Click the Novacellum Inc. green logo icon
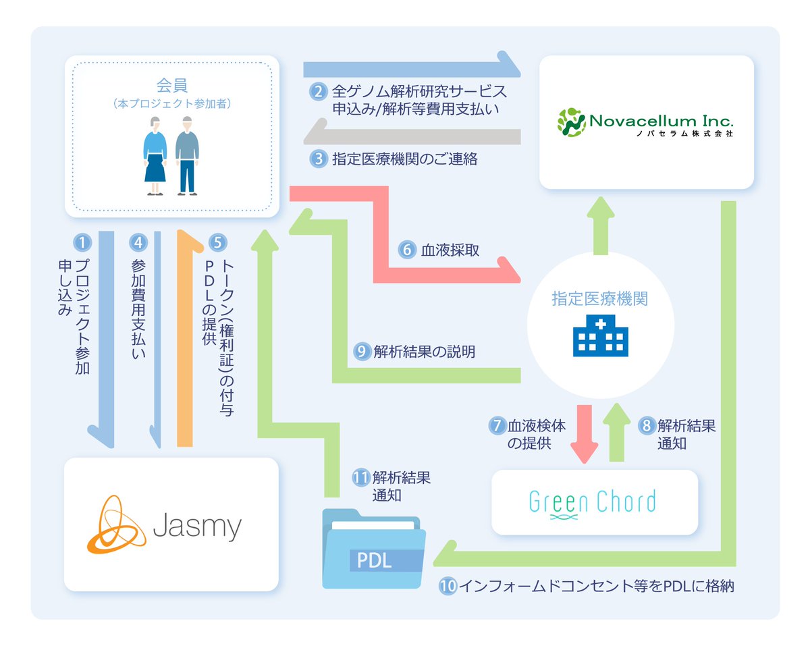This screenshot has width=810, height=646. coord(571,121)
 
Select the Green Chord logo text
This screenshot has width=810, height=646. coord(593,503)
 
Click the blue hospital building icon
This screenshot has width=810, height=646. coord(600,335)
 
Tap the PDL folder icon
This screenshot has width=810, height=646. coord(373,549)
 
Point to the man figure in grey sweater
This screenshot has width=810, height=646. coord(187,155)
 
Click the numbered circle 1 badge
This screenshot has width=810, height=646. coord(81,242)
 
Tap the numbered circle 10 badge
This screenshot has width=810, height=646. coord(448,586)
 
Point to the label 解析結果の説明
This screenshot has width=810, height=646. coord(424,351)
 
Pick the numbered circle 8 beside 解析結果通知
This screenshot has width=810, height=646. coord(646,426)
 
